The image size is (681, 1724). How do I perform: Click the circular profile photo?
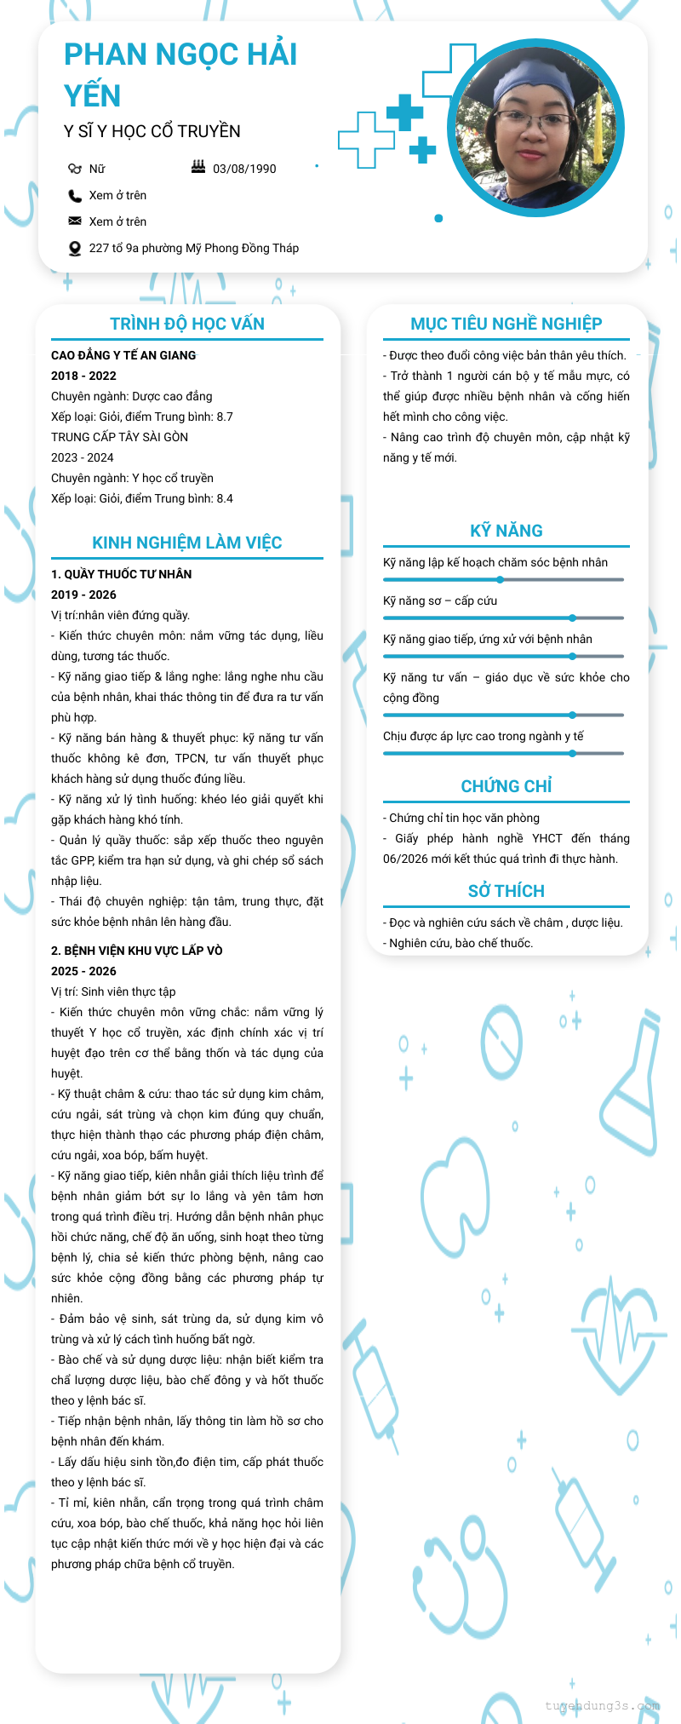(x=535, y=128)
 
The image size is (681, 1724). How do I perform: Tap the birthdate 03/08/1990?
(x=244, y=169)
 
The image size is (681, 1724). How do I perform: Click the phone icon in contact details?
(x=75, y=196)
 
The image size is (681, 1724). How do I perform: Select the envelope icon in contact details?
(x=75, y=221)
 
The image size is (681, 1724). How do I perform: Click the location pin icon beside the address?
(x=75, y=249)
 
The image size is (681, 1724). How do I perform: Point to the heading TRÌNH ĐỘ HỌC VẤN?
(x=187, y=324)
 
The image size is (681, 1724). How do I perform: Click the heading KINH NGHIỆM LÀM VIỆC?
(x=187, y=543)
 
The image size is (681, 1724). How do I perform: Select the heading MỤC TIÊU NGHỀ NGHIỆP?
(x=506, y=324)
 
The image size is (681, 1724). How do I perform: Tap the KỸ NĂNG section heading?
(x=506, y=531)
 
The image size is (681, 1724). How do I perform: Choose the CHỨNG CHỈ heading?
(x=506, y=786)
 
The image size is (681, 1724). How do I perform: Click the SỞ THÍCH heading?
(x=506, y=891)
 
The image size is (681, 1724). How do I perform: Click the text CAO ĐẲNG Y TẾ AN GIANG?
(x=123, y=355)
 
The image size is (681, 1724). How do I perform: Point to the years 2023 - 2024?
(x=82, y=457)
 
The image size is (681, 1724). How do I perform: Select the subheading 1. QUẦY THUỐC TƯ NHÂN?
(x=122, y=574)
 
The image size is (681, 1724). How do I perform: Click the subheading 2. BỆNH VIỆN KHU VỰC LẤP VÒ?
(x=137, y=951)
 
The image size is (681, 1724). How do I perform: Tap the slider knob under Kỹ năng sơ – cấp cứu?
(x=573, y=618)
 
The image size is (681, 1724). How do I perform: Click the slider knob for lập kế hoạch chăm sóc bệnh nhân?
(x=501, y=580)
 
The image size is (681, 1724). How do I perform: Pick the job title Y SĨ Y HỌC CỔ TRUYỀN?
(x=152, y=131)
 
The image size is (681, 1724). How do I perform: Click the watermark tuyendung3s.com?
(x=603, y=1705)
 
